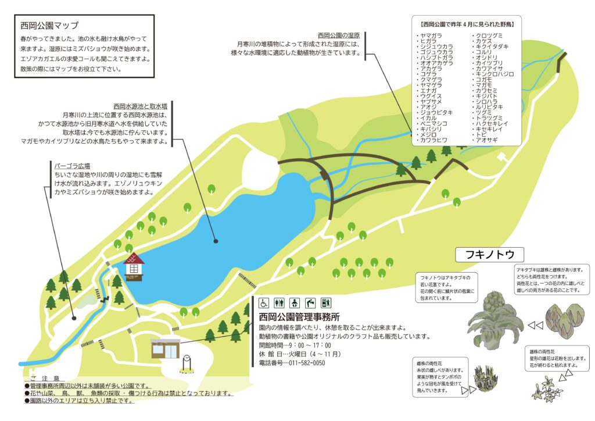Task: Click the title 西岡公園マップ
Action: pyautogui.click(x=49, y=26)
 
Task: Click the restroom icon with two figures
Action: pyautogui.click(x=280, y=302)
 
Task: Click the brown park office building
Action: pyautogui.click(x=166, y=349)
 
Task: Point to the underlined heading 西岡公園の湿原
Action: pyautogui.click(x=339, y=35)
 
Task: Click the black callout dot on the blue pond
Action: pyautogui.click(x=216, y=240)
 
